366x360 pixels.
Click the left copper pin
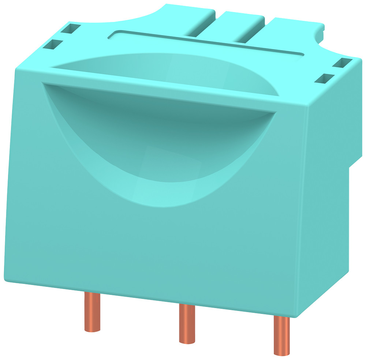[x=92, y=311]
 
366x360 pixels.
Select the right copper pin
[x=281, y=335]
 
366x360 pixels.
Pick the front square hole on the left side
[x=53, y=45]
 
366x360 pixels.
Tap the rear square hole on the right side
[x=342, y=63]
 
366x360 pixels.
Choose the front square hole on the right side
[x=326, y=78]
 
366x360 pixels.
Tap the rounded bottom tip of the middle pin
[x=187, y=341]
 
